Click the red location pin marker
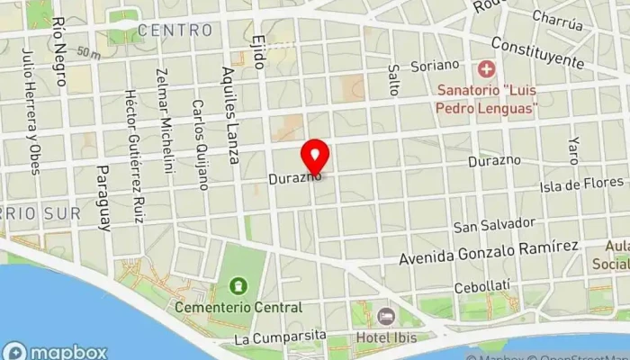[315, 156]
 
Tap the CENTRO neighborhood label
[175, 31]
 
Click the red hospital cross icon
[487, 68]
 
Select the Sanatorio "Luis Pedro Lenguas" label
[486, 99]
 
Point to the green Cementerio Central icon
[238, 287]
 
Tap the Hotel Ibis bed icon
[386, 317]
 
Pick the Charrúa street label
[558, 17]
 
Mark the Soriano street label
[435, 65]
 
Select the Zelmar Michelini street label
[165, 118]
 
